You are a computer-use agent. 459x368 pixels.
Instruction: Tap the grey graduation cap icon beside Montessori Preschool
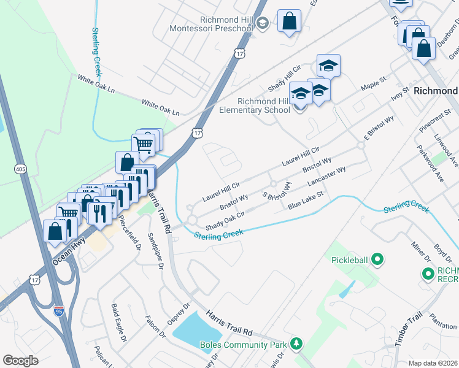(262, 23)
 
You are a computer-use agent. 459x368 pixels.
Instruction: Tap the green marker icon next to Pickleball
(378, 260)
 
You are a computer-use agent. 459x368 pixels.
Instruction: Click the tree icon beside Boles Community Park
(297, 342)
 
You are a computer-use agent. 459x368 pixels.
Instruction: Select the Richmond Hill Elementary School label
(255, 105)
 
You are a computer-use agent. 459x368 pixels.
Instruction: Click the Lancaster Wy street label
(327, 177)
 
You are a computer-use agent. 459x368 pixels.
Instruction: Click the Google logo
(21, 360)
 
